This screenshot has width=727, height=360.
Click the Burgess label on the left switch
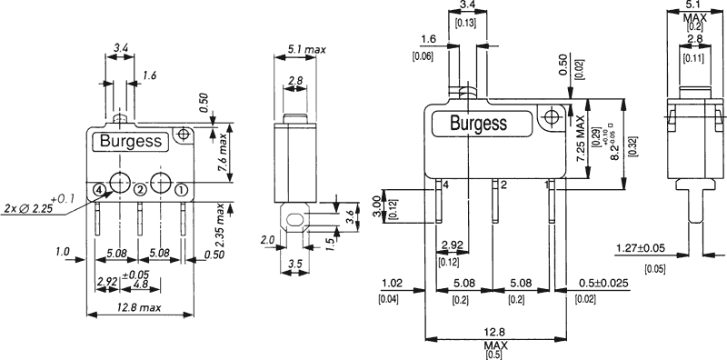pyautogui.click(x=131, y=141)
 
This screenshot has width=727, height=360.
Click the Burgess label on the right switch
pyautogui.click(x=479, y=123)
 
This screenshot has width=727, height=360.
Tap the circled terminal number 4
pyautogui.click(x=98, y=189)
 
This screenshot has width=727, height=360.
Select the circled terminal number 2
pyautogui.click(x=140, y=189)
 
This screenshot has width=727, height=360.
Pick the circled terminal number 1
pyautogui.click(x=181, y=189)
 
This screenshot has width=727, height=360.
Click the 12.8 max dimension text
pyautogui.click(x=140, y=307)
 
